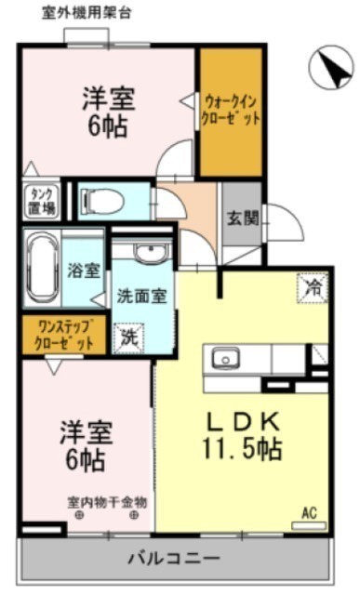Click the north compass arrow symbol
pyautogui.click(x=331, y=67)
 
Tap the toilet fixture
pyautogui.click(x=101, y=201)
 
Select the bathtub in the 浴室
pyautogui.click(x=43, y=268)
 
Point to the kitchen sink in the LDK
pyautogui.click(x=225, y=359)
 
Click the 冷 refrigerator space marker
pyautogui.click(x=313, y=288)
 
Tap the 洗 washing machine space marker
pyautogui.click(x=128, y=337)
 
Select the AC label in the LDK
pyautogui.click(x=309, y=513)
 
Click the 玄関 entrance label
pyautogui.click(x=243, y=218)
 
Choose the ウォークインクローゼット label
pyautogui.click(x=231, y=111)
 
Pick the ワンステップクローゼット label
pyautogui.click(x=64, y=335)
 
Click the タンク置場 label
pyautogui.click(x=42, y=202)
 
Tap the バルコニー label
pyautogui.click(x=174, y=558)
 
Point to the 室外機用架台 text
pyautogui.click(x=87, y=14)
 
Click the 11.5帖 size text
pyautogui.click(x=242, y=449)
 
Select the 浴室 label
pyautogui.click(x=84, y=271)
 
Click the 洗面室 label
pyautogui.click(x=141, y=297)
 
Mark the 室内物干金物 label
pyautogui.click(x=107, y=503)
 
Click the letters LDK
pyautogui.click(x=243, y=421)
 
